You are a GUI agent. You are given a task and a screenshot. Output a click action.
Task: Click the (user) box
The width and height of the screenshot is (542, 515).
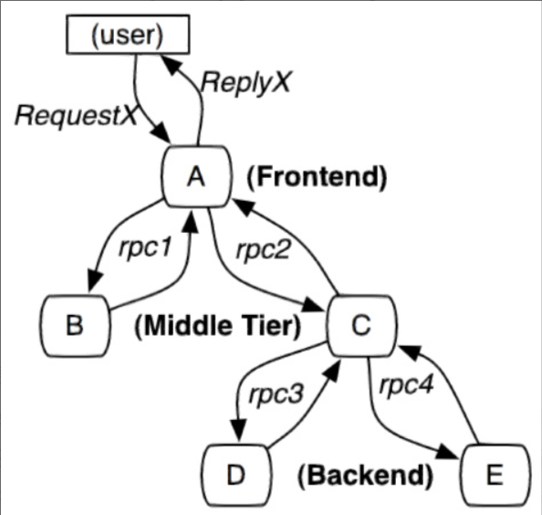128,34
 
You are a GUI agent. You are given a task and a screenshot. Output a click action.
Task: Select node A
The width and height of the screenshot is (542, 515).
195,176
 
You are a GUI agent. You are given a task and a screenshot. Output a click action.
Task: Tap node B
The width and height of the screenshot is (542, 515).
75,325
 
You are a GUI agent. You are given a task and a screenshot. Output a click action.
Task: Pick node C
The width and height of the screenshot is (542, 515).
361,325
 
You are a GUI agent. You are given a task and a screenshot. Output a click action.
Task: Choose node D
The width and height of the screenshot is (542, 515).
236,475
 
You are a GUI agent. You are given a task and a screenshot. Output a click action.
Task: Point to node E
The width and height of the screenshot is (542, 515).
495,475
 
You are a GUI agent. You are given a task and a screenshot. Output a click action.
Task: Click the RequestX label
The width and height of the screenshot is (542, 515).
77,116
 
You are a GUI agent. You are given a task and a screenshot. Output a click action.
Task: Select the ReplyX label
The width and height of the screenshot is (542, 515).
246,83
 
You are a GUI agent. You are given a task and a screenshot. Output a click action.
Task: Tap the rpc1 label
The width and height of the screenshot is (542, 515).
145,247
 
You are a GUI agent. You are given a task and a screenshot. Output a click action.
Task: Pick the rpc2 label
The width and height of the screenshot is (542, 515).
264,248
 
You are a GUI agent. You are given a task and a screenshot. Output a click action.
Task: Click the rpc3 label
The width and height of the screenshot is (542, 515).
276,394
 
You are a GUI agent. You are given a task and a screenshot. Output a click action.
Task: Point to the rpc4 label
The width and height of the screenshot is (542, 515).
406,384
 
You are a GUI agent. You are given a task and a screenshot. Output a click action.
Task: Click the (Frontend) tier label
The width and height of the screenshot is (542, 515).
317,177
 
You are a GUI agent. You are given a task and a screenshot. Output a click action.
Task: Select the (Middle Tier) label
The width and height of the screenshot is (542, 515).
218,326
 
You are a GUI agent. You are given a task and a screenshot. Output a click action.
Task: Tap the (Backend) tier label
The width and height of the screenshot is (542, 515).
365,476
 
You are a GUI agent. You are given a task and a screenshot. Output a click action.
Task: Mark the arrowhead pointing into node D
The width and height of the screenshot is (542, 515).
238,430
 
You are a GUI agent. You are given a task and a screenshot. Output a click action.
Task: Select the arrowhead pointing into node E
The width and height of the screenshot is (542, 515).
447,452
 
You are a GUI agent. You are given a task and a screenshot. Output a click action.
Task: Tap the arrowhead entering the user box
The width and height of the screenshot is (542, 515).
169,64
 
